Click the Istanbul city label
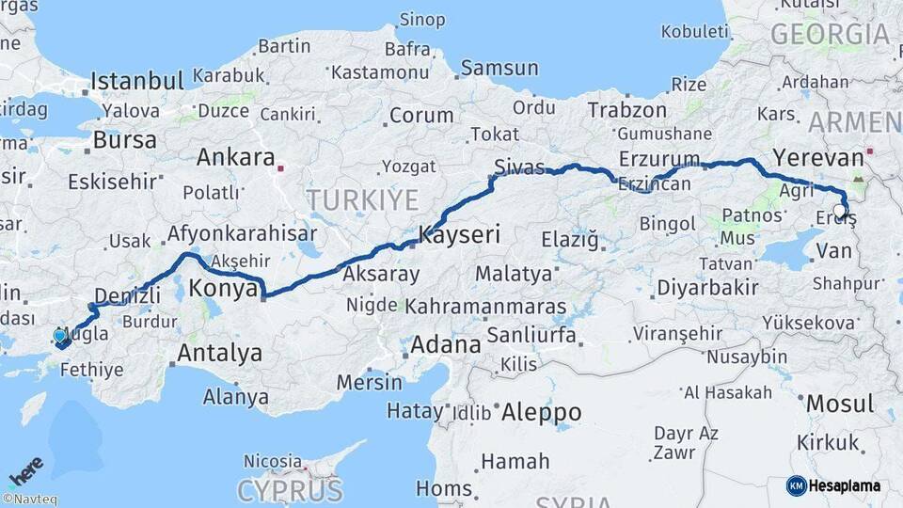[x=137, y=80]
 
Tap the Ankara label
[x=235, y=157]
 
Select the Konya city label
[x=224, y=289]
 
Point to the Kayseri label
[x=459, y=235]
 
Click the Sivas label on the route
[x=519, y=167]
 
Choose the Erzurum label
[x=659, y=158]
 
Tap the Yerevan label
[x=817, y=157]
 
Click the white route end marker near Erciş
[x=840, y=210]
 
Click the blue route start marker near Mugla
[x=60, y=336]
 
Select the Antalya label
[x=219, y=354]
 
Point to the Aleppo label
[x=541, y=411]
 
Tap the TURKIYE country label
[x=361, y=199]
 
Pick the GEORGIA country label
[x=830, y=35]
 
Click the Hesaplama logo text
[x=847, y=485]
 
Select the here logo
[x=26, y=470]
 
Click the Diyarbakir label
[x=707, y=286]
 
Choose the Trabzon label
[x=626, y=110]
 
